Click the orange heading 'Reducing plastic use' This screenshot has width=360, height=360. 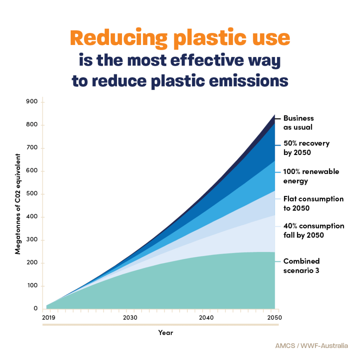point(180,39)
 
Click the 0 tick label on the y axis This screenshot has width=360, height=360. point(36,309)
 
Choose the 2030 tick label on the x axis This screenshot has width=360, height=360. point(130,317)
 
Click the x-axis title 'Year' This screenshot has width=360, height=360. point(166,333)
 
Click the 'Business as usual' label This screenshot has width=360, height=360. point(298,123)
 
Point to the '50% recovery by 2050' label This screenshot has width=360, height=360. point(306,148)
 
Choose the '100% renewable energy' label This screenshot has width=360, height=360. point(311,176)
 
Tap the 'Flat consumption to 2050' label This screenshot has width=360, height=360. point(313,204)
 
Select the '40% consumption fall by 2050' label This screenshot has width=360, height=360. point(314,231)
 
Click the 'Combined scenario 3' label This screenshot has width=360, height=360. point(301,266)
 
